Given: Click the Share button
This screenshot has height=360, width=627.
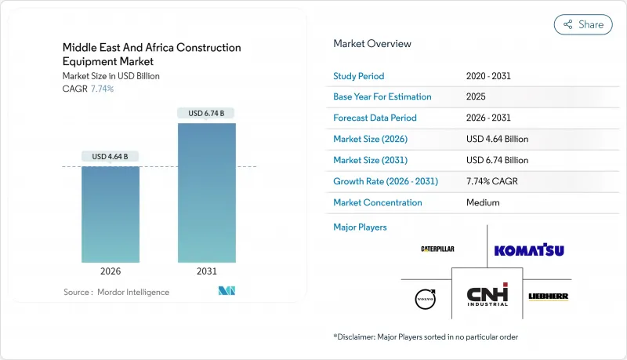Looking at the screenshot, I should coord(583,24).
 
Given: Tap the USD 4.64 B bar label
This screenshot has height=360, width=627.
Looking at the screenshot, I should coord(111,157).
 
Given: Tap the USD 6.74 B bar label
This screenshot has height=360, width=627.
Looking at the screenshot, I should coord(206,114).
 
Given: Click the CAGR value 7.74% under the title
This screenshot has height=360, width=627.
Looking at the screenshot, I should coord(102,89).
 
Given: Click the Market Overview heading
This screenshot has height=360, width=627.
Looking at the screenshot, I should coord(371,44).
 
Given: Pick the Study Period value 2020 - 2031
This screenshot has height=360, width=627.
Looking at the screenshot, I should coord(488,76).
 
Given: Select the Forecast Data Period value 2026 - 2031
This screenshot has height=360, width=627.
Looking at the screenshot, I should coord(488,118).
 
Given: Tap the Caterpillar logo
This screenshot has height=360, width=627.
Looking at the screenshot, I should coord(437,249).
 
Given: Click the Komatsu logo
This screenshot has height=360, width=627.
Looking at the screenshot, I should coord(529,251).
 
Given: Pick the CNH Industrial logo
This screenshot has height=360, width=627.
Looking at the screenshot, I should coord(487,296).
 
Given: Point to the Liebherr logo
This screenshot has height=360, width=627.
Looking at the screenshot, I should coord(548,296).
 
